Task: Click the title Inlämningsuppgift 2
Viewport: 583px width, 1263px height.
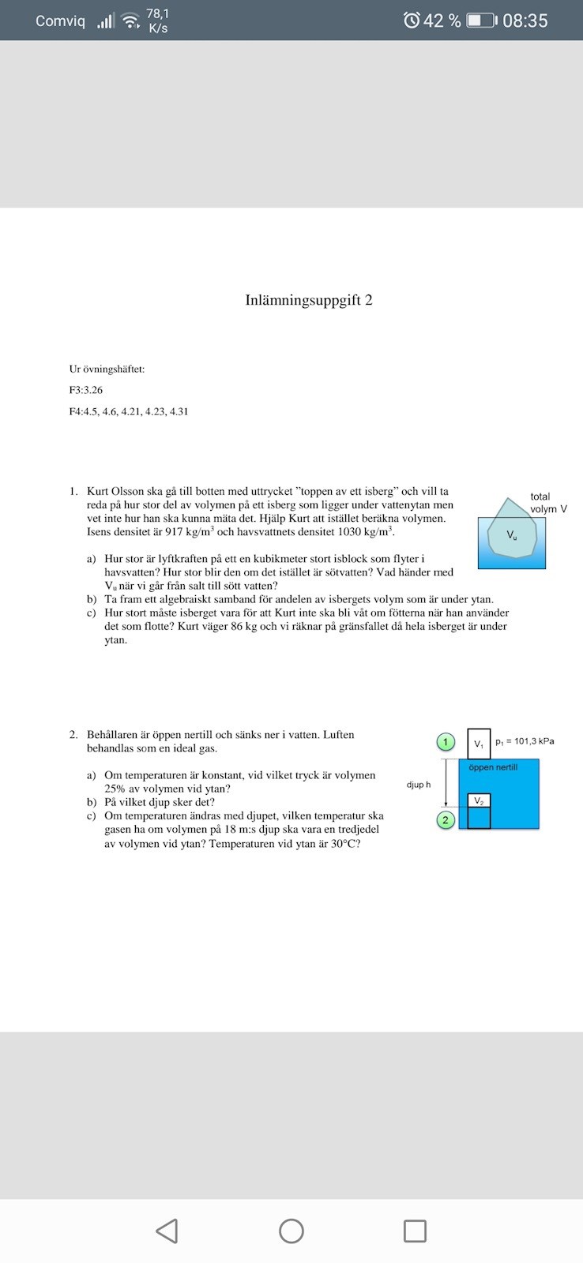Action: (308, 300)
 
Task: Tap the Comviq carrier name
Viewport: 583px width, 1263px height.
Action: (60, 21)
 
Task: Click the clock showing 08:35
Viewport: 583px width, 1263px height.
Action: (525, 21)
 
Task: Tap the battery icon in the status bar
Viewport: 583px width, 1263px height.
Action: (481, 21)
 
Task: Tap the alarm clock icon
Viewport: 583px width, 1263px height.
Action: (412, 21)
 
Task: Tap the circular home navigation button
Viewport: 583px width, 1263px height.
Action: (291, 1231)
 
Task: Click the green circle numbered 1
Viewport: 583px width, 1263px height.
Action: (446, 742)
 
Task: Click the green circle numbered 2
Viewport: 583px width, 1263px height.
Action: (446, 820)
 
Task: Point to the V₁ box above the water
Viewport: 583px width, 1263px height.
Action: (479, 744)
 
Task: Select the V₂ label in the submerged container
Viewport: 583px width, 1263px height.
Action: (479, 801)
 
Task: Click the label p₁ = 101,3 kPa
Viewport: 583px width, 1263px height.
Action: (525, 741)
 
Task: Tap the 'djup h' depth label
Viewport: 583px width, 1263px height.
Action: (419, 785)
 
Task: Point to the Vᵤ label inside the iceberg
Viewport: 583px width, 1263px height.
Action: (513, 535)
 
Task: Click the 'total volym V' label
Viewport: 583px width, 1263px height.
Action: (547, 503)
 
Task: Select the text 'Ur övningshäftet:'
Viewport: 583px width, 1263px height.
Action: (107, 369)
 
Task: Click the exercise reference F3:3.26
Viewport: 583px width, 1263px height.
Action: (86, 390)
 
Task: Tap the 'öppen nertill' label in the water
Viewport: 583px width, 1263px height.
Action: (493, 767)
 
